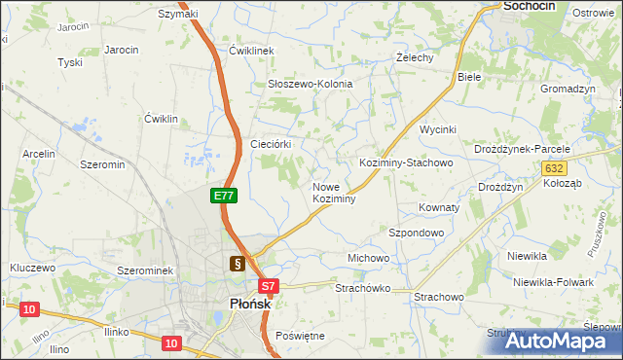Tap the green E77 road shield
pyautogui.click(x=224, y=196)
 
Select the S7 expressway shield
pyautogui.click(x=270, y=286)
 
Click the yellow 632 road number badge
pyautogui.click(x=553, y=168)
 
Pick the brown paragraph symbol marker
pyautogui.click(x=237, y=263)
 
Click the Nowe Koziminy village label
pyautogui.click(x=333, y=192)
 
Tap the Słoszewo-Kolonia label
pyautogui.click(x=310, y=84)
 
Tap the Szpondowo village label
pyautogui.click(x=416, y=234)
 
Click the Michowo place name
pyautogui.click(x=368, y=258)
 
